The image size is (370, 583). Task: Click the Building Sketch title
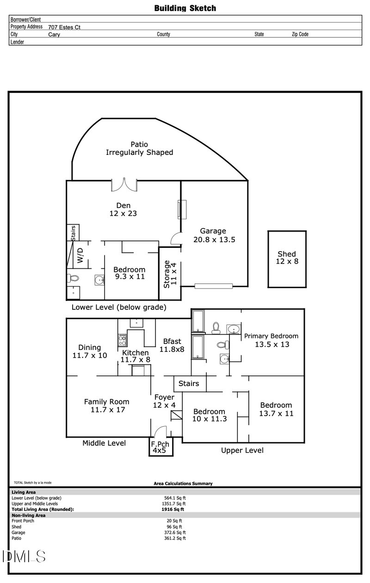pos(185,8)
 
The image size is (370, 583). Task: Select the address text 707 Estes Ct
pos(64,27)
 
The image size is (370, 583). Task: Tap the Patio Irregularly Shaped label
pos(139,148)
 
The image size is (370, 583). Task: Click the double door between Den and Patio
pos(124,184)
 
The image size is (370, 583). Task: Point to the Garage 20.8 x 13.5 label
pos(213,235)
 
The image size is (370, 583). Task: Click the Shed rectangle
pos(286,258)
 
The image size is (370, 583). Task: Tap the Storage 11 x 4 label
pos(170,275)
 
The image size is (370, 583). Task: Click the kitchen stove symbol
pos(123,341)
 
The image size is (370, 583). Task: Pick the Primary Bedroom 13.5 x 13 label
pos(271,340)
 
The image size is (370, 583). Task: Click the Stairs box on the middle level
pos(189,383)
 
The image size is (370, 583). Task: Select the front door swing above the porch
pos(160,431)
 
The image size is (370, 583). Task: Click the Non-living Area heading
pos(28,515)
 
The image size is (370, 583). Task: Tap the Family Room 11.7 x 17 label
pos(106,405)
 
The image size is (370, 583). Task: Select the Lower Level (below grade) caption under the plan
pos(119,307)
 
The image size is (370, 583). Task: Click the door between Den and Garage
pos(176,238)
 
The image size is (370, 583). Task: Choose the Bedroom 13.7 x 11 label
pos(276,409)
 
